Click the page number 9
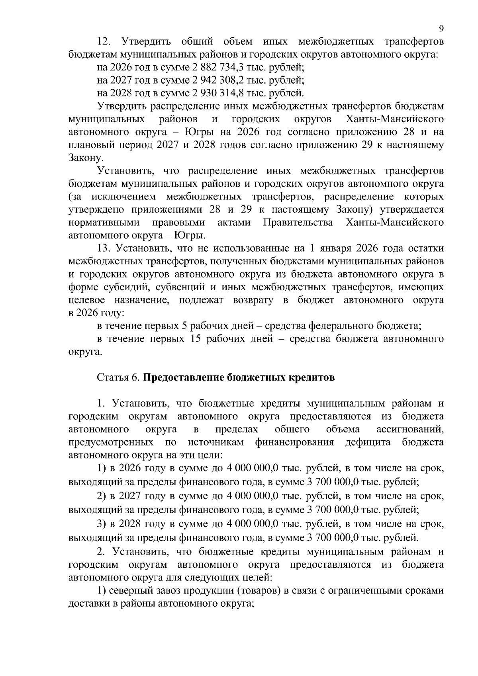click(441, 28)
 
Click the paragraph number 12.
click(104, 41)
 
